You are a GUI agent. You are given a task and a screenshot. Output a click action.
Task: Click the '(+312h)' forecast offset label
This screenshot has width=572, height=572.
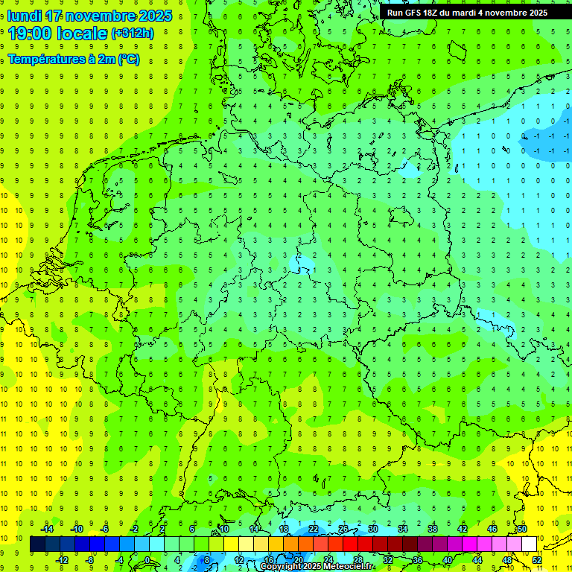tap(132, 34)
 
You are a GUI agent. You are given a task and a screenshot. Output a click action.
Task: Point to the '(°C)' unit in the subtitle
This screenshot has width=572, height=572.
tap(128, 60)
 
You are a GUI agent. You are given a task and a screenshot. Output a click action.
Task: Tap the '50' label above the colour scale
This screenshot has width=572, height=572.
tap(522, 529)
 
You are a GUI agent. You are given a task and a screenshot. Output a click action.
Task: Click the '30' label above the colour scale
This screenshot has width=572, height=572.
tap(373, 529)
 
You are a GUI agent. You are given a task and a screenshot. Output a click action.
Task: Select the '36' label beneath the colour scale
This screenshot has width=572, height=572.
tap(418, 560)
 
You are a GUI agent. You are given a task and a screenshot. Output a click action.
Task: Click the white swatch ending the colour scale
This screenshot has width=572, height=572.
tap(529, 544)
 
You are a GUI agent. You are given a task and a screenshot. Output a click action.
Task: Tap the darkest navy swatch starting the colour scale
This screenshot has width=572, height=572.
tap(37, 544)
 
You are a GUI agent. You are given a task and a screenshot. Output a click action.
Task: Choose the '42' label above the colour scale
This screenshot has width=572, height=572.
tap(463, 529)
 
